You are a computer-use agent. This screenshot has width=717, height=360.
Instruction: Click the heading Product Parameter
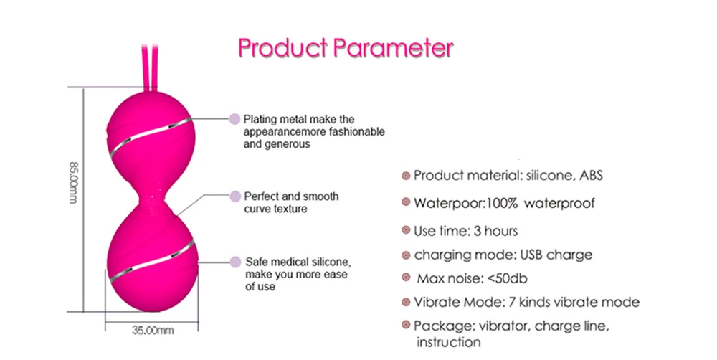pos(346,48)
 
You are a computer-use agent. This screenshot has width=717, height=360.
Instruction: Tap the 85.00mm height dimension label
pos(73,183)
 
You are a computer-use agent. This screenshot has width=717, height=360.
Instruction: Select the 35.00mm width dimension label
pos(153,330)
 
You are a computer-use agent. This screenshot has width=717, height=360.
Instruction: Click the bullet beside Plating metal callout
pos(234,119)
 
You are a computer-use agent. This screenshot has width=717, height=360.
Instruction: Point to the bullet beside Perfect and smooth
pos(235,196)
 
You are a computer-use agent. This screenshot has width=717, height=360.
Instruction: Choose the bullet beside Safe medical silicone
pos(235,262)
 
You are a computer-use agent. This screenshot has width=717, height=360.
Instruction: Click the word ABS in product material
pos(592,175)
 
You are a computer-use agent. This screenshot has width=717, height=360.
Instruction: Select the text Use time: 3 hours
pos(465,231)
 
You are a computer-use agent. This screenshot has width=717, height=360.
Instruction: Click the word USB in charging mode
pos(531,255)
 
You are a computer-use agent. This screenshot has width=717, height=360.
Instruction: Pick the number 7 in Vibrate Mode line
pos(511,303)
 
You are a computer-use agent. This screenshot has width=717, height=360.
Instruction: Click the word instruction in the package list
pos(449,342)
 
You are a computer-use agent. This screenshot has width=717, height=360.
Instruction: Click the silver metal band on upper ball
pos(151,136)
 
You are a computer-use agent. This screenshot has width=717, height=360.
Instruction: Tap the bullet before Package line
pos(406,326)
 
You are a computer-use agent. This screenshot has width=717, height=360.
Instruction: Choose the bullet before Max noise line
pos(406,278)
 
